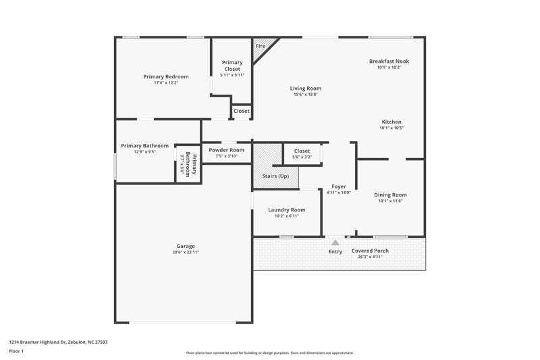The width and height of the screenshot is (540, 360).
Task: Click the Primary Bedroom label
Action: pos(165,76)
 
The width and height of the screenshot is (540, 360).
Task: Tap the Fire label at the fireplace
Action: pos(260,46)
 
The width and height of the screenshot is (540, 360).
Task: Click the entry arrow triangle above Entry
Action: pos(335,241)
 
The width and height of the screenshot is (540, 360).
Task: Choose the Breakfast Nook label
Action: pos(389,61)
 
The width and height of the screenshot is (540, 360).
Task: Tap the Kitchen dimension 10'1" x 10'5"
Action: pos(391,128)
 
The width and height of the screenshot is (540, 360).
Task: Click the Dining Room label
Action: pos(391,195)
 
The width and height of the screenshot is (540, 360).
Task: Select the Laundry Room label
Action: pos(286,209)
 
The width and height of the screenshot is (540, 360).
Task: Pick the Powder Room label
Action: pos(226,150)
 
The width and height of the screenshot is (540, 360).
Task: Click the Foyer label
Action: pos(338,186)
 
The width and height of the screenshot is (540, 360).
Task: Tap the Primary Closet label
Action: pos(232,66)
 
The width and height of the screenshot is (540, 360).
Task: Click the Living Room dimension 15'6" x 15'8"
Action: pos(305,95)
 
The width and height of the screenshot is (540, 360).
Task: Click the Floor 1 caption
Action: pos(16,351)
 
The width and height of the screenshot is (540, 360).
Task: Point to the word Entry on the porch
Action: pos(335,252)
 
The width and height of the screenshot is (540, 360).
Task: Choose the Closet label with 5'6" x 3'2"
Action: pos(302,151)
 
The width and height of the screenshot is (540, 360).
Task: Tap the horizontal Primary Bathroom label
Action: pos(144,145)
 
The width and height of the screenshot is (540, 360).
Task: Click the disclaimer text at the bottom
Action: pos(270,353)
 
